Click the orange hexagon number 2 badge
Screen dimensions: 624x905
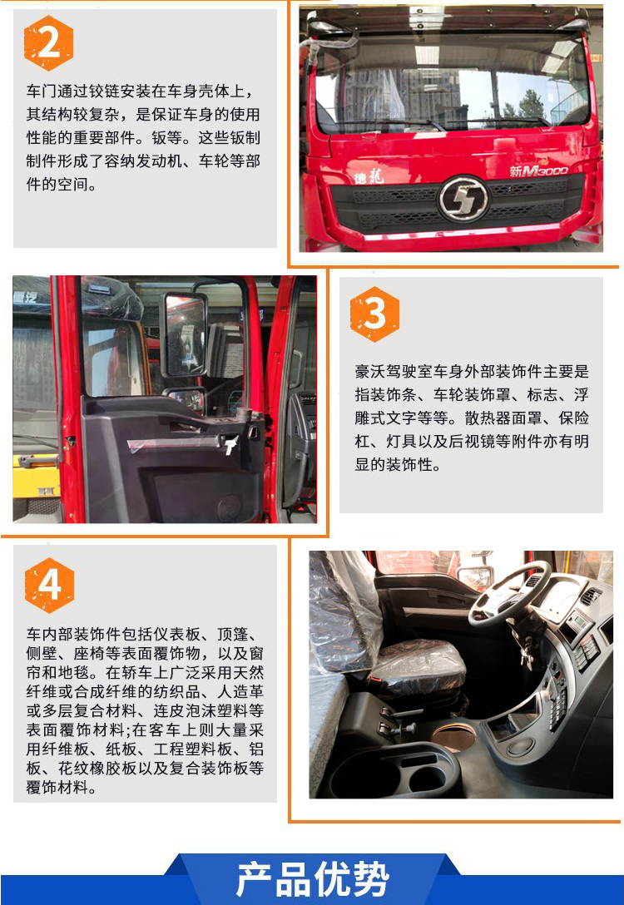tap(48, 42)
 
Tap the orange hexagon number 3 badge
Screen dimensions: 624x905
tap(374, 314)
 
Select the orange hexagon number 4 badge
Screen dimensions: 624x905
tap(50, 585)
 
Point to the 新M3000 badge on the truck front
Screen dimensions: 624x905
tap(538, 171)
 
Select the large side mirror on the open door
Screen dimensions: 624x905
tap(185, 334)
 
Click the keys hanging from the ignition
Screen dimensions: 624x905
tap(526, 655)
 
